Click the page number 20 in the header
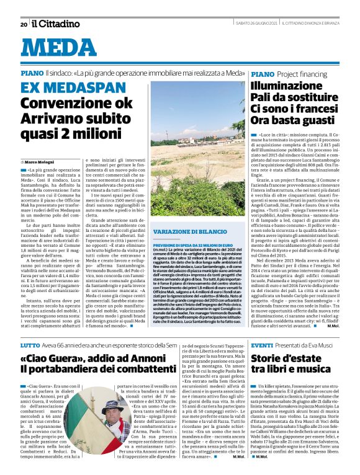pos(24,24)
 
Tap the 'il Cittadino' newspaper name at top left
pos(56,24)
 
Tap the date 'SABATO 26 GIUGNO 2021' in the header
pos(240,24)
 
